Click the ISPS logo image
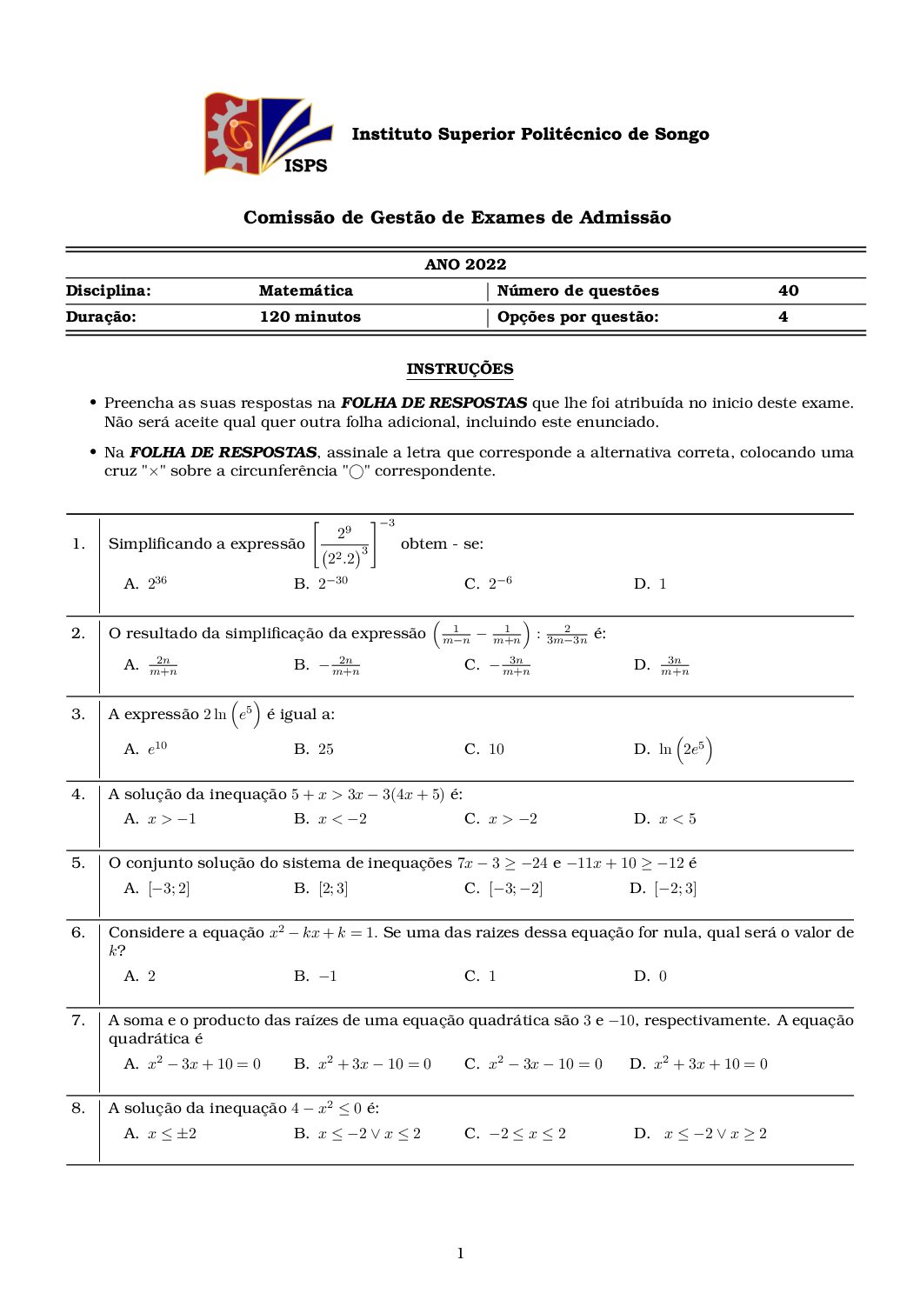point(268,136)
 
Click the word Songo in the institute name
point(682,134)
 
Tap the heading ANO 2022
point(465,264)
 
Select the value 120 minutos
point(310,317)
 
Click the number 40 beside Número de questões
point(788,290)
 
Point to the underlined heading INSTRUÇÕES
point(460,369)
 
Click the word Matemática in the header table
point(305,290)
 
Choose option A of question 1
point(146,583)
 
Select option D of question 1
point(650,583)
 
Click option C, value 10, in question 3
point(485,749)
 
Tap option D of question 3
point(673,749)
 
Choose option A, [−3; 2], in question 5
point(157,888)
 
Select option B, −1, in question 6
point(316,976)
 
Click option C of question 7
point(533,1063)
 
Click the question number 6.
point(78,932)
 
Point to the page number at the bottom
point(460,1253)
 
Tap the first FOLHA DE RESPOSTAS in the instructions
point(433,403)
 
